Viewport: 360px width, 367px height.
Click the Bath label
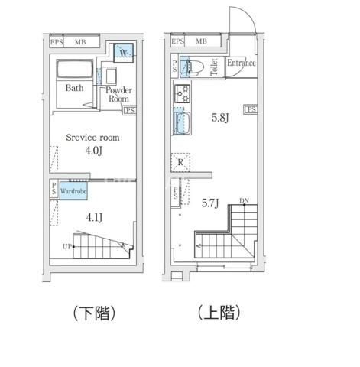(74, 88)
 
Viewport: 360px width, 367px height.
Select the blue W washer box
(124, 53)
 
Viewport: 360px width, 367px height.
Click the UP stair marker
(67, 246)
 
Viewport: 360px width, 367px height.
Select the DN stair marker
(244, 201)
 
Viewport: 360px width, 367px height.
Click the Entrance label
(241, 63)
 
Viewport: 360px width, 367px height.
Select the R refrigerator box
(180, 163)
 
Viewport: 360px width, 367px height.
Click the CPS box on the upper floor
(250, 110)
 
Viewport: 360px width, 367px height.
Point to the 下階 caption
(94, 313)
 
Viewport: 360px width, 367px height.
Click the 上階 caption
(219, 312)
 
